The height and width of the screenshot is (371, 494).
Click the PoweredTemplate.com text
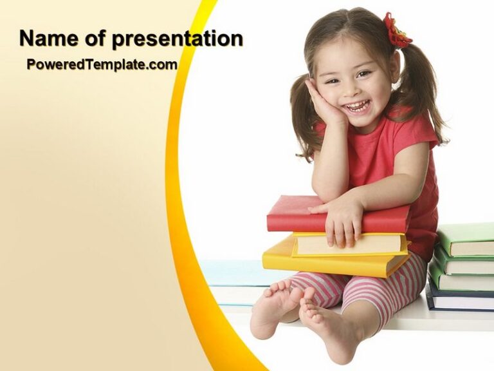[x=102, y=64]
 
